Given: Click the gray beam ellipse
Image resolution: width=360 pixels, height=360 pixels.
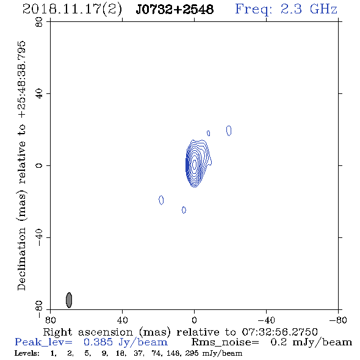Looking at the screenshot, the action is pyautogui.click(x=69, y=300).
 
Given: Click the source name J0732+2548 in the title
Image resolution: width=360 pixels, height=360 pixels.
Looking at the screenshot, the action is pyautogui.click(x=175, y=9).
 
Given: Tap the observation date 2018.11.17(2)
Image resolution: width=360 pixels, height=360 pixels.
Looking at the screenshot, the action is pyautogui.click(x=72, y=10).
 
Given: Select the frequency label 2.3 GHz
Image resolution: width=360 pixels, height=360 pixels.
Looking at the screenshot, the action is pyautogui.click(x=309, y=9).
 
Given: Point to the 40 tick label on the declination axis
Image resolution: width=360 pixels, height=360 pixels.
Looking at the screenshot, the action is pyautogui.click(x=39, y=94).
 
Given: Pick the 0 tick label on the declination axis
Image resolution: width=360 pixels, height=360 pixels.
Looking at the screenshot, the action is pyautogui.click(x=39, y=165).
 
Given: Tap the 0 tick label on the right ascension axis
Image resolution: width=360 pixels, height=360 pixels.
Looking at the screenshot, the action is pyautogui.click(x=194, y=320).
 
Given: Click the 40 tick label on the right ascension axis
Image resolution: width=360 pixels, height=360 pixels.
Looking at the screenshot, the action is pyautogui.click(x=122, y=320).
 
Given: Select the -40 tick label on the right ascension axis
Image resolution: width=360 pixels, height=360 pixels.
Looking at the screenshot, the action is pyautogui.click(x=266, y=320).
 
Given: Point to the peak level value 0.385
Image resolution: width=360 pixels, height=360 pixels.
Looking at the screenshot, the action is pyautogui.click(x=98, y=342).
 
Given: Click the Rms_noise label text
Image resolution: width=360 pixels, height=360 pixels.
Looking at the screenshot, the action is pyautogui.click(x=225, y=342).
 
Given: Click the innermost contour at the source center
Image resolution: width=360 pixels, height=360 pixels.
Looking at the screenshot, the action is pyautogui.click(x=195, y=164).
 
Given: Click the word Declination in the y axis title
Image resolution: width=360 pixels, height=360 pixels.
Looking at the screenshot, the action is pyautogui.click(x=21, y=259).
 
